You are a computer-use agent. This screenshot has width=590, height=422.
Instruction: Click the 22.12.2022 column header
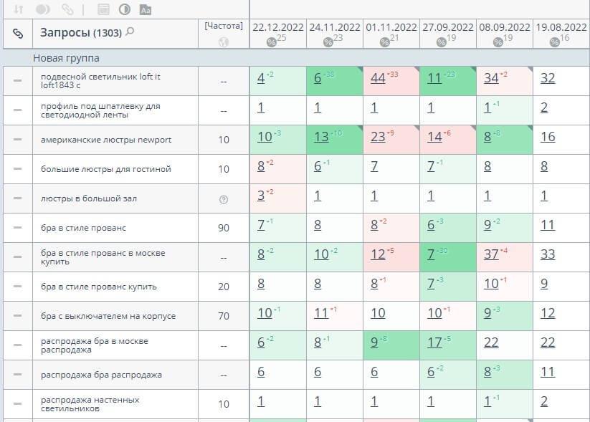tap(277, 27)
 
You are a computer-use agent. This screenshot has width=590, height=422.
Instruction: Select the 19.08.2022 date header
tap(561, 27)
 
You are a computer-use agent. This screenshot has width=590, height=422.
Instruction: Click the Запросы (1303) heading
tap(80, 33)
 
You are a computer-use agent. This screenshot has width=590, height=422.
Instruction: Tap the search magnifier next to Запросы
tap(130, 32)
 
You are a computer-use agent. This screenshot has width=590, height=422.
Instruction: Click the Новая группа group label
tap(66, 57)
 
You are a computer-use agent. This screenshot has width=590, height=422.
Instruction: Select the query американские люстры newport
tap(106, 140)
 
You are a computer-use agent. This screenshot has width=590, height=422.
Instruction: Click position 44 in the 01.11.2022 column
tap(378, 78)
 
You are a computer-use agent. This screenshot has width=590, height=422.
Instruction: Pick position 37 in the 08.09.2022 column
tap(491, 254)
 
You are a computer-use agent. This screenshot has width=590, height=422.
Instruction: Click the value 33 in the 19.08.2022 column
tap(548, 254)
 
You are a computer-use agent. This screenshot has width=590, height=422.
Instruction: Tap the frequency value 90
tap(224, 228)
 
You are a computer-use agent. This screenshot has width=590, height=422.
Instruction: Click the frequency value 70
tap(224, 316)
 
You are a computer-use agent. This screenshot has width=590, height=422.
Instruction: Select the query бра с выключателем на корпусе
tap(108, 316)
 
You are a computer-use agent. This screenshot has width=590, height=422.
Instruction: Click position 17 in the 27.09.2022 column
tap(434, 342)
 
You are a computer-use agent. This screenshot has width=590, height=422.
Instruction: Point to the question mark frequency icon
tap(224, 199)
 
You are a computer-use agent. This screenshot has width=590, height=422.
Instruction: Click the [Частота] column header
tap(224, 26)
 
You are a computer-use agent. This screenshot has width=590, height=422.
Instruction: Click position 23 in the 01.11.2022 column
tap(378, 137)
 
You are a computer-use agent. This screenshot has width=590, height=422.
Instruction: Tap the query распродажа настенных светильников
tap(90, 404)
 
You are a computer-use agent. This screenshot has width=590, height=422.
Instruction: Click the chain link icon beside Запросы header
tap(18, 33)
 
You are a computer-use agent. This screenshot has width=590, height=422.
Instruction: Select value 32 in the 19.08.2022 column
tap(548, 78)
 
